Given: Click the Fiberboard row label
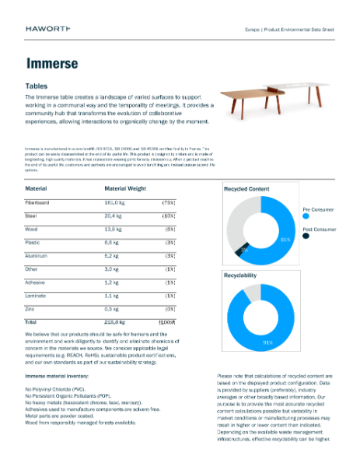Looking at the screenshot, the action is tap(38, 202).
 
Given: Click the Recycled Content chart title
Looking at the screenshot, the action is tap(246, 189).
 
